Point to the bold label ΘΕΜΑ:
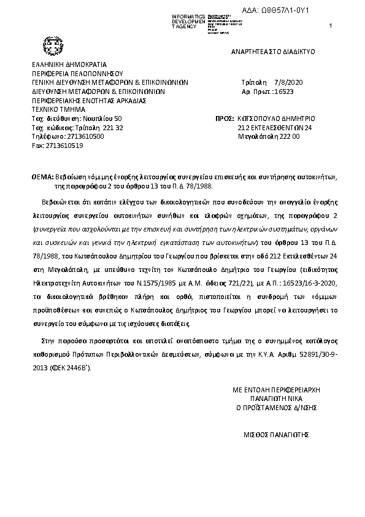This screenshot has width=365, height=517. [x=42, y=176]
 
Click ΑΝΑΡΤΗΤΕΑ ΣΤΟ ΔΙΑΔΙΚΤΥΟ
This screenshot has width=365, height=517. [x=273, y=52]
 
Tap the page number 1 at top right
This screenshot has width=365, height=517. [x=331, y=25]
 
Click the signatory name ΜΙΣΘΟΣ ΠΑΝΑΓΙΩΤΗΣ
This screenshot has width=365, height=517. [x=275, y=433]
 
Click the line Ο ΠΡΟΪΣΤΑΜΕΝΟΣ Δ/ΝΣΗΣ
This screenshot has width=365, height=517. [x=277, y=407]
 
